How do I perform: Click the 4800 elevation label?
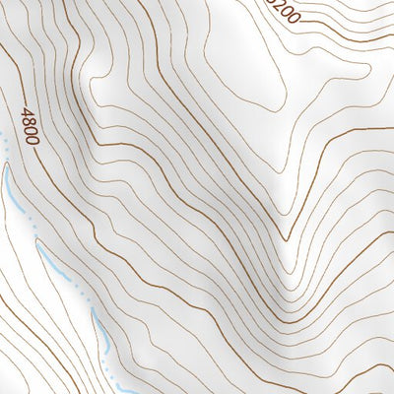click(31, 126)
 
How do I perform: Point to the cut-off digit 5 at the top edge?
click(271, 2)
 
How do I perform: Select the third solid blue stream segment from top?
click(98, 325)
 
